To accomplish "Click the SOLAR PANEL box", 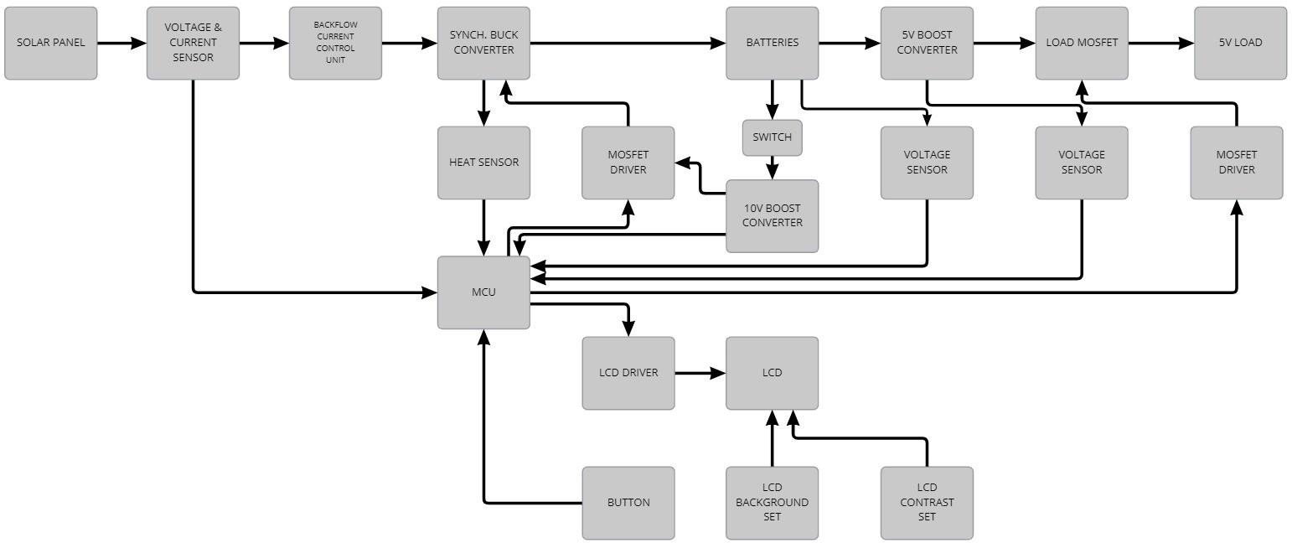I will (50, 43).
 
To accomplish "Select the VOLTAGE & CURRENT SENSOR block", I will (193, 43).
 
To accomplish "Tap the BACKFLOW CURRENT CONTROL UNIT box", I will (335, 43).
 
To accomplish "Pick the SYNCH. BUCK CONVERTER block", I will (483, 43).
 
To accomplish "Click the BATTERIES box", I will (772, 43).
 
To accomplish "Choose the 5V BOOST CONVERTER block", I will (927, 43).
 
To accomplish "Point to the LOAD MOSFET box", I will (1082, 43).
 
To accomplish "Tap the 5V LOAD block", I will (1240, 43).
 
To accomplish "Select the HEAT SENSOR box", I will (483, 163).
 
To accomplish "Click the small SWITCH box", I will (772, 137).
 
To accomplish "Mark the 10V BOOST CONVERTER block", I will (772, 215).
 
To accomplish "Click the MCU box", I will (483, 292).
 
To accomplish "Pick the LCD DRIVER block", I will (628, 373).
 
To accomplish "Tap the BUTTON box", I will (628, 503).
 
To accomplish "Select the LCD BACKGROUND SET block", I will (772, 503).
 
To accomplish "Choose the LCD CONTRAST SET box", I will (927, 503).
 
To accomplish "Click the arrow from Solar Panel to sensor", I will (121, 43).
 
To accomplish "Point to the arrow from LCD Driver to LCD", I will (700, 373).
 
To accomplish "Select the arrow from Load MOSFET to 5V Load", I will (1160, 43).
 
